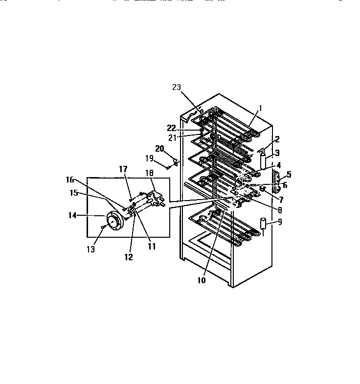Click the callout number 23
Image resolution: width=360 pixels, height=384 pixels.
click(x=176, y=87)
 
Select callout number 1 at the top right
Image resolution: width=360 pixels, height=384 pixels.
click(x=261, y=108)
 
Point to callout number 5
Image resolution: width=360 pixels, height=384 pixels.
click(x=289, y=174)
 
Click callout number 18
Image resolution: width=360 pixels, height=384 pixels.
click(x=149, y=173)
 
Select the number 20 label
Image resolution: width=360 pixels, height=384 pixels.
click(x=159, y=148)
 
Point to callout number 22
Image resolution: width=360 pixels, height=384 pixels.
click(x=171, y=128)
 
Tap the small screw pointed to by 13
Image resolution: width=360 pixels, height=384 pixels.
click(x=103, y=227)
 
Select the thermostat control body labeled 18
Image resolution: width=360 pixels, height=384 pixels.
click(x=156, y=198)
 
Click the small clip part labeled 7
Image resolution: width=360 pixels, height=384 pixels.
click(x=263, y=189)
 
